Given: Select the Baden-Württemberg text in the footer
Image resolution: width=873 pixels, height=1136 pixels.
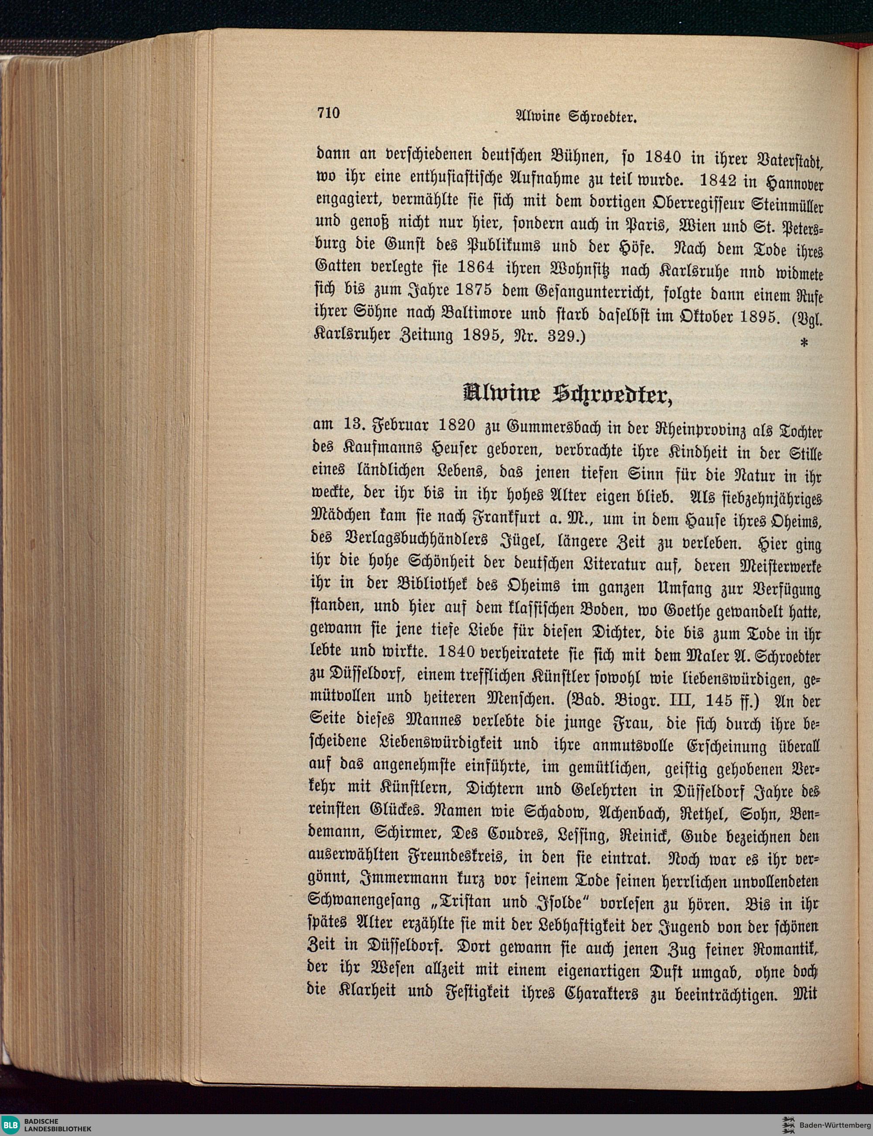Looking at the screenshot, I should [835, 1125].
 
